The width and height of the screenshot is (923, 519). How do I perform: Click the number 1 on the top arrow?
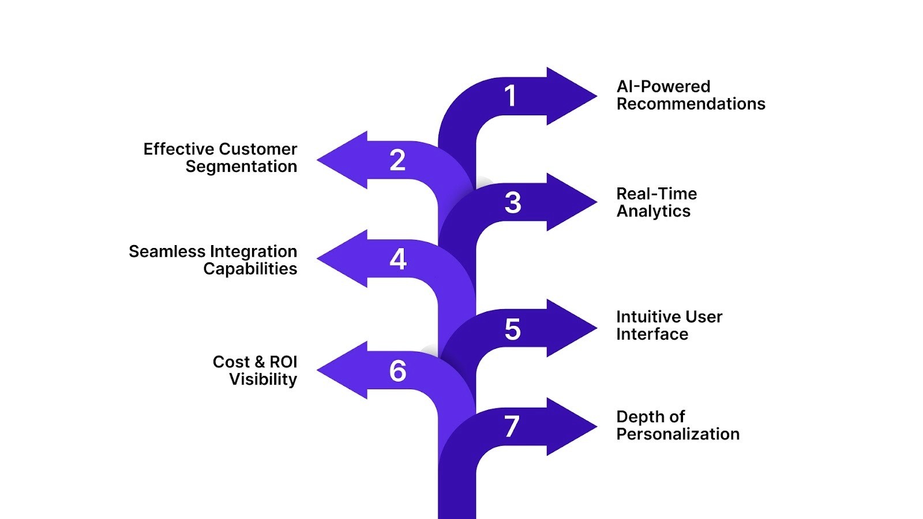[510, 96]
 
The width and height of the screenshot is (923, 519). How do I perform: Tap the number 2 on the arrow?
[397, 160]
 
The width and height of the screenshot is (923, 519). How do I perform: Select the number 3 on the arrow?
[513, 203]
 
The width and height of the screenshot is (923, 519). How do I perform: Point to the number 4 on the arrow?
[398, 259]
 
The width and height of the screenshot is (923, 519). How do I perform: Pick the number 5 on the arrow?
[512, 329]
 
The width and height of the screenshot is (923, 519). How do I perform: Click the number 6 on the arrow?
[397, 371]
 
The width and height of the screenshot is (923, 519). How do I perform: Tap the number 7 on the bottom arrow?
[511, 427]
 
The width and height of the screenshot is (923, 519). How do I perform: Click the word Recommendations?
[691, 104]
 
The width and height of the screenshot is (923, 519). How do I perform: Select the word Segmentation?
[241, 167]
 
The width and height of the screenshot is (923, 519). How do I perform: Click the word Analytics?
[653, 211]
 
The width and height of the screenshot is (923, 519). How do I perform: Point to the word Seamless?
[167, 251]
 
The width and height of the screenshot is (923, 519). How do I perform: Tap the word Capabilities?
[250, 269]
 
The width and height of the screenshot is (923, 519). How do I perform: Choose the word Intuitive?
[648, 317]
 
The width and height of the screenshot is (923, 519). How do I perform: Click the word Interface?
[652, 334]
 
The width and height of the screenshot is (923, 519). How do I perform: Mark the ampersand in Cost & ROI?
[260, 362]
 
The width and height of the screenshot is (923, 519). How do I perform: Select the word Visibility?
[263, 379]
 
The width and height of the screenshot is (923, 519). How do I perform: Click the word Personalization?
[677, 434]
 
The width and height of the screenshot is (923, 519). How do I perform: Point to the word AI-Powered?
[663, 86]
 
